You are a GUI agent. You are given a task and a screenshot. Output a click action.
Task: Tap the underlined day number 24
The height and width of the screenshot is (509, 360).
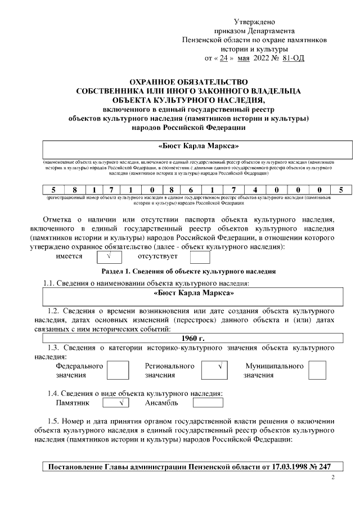223,58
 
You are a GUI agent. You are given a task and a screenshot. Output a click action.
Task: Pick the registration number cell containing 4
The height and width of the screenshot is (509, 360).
255,190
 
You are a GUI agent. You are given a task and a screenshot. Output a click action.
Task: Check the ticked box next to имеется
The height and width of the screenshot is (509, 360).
110,257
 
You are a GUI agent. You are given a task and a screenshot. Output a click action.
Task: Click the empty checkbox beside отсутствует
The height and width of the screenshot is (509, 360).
200,257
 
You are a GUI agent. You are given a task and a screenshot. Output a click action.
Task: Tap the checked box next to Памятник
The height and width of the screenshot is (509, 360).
116,403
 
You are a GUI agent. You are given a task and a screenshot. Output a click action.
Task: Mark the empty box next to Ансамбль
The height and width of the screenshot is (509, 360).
208,403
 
